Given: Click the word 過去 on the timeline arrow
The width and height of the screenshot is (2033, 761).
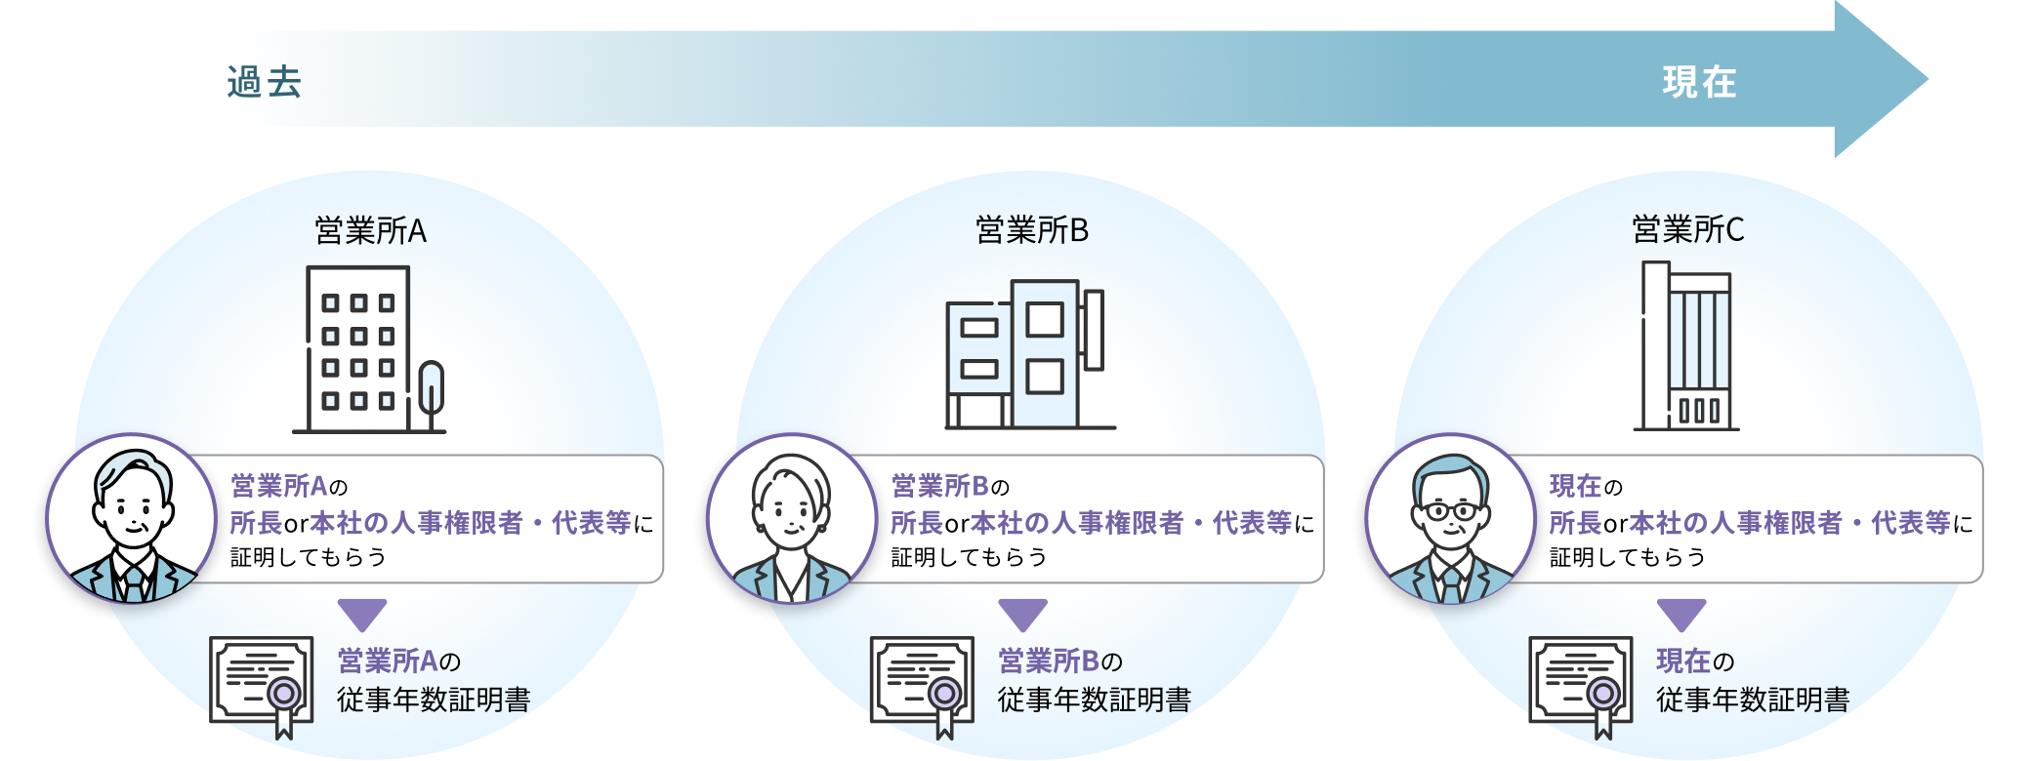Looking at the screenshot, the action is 265,83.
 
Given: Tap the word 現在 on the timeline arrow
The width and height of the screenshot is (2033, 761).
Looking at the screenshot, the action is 1700,83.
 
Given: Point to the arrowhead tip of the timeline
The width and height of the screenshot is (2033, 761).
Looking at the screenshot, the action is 1928,79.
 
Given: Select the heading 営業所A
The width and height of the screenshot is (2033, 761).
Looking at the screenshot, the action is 371,231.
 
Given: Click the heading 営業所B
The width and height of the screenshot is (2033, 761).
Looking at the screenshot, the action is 1032,230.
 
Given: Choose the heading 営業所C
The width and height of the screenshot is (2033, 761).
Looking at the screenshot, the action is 1688,230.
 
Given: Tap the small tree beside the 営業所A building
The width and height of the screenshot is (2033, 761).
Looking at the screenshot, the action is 431,394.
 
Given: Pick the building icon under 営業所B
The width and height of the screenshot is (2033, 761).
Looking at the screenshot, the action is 1029,354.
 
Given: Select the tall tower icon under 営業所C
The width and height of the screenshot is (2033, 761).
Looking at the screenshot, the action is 1686,345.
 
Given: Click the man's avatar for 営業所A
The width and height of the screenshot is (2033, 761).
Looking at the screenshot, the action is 132,519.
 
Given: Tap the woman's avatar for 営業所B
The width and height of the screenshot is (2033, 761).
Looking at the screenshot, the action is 792,519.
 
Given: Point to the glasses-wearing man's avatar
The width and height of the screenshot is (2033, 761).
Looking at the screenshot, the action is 1451,519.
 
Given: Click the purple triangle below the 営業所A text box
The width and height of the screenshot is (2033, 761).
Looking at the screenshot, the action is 362,614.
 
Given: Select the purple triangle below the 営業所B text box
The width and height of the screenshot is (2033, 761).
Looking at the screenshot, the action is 1023,614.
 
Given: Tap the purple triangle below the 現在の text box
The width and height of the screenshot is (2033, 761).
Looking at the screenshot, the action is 1681,614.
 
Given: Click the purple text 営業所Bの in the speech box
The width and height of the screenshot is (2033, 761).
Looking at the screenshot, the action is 950,486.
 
